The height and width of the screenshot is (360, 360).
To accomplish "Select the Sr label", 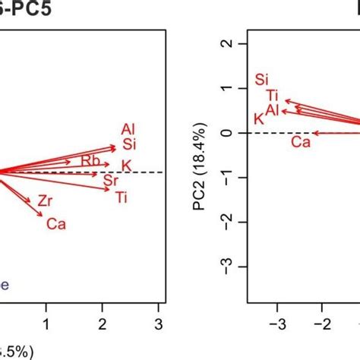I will click(x=111, y=180).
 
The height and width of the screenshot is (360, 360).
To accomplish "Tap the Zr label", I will click(x=45, y=201).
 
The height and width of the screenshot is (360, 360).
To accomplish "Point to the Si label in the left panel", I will click(x=128, y=144).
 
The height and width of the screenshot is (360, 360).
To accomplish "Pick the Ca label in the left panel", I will click(x=55, y=223).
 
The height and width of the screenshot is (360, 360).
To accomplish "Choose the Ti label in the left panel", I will click(x=122, y=197).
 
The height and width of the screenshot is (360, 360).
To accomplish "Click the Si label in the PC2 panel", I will click(x=262, y=79).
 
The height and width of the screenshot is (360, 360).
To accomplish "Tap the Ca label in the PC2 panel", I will click(x=301, y=142).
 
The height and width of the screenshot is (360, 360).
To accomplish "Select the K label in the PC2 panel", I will click(x=258, y=119).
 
